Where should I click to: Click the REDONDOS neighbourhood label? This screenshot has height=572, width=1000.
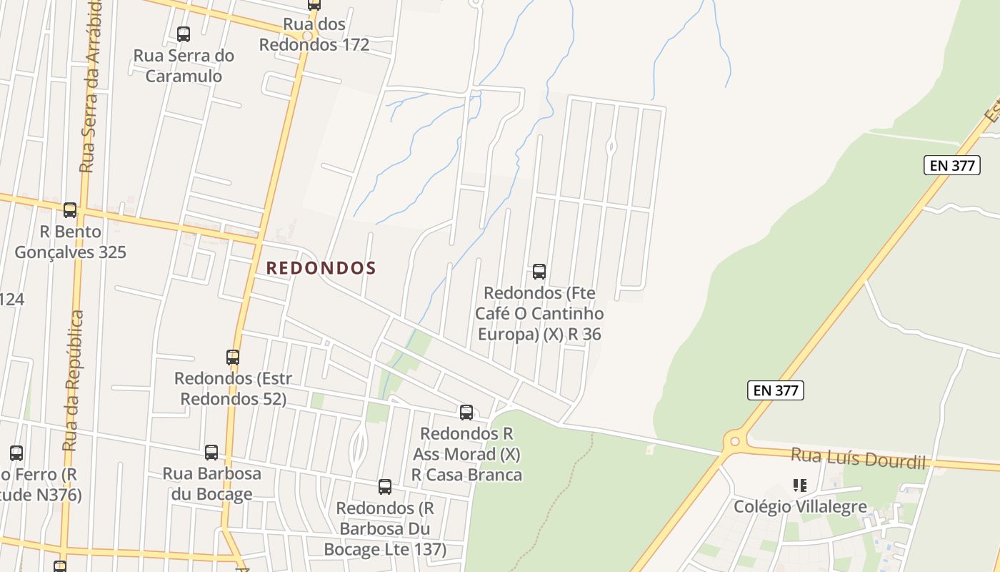(x=321, y=268)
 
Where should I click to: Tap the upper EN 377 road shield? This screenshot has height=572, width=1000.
(x=952, y=165)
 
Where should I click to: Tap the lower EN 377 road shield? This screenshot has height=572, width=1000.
(x=776, y=390)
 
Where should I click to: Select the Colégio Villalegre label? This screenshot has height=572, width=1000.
(x=800, y=507)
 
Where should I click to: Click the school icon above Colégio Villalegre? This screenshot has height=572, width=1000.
(x=800, y=486)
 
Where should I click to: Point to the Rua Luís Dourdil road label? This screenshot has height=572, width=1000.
(x=858, y=458)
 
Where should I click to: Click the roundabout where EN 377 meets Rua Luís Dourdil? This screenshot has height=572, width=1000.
(x=734, y=441)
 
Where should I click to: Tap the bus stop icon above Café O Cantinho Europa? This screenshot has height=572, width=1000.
(x=539, y=272)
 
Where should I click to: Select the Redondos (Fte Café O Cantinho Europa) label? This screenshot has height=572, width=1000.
(x=539, y=313)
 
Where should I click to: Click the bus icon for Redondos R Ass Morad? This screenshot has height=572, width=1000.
(x=466, y=412)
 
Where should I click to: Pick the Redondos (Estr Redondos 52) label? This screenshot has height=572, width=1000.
(x=233, y=388)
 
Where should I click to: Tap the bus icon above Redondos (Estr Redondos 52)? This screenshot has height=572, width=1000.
(x=233, y=357)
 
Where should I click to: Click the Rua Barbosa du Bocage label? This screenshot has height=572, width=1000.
(x=211, y=483)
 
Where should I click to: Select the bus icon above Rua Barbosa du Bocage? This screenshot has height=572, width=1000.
(x=211, y=452)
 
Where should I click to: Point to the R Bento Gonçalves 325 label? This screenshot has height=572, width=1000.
(x=70, y=242)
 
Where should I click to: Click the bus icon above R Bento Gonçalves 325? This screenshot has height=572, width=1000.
(x=70, y=210)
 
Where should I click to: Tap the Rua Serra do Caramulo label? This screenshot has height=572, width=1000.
(x=184, y=66)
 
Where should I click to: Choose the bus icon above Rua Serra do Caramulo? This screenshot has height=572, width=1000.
(x=184, y=34)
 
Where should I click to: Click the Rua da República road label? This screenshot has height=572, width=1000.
(x=72, y=380)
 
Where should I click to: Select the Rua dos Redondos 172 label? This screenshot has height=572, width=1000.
(x=314, y=34)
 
